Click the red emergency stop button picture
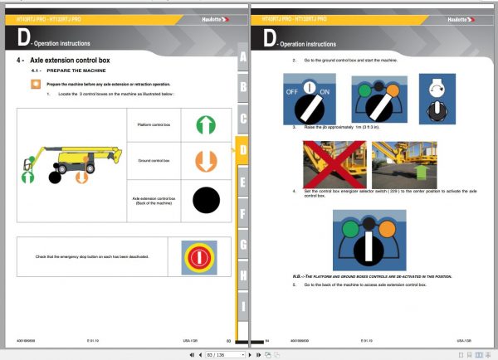(x=193, y=256)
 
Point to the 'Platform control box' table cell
(x=154, y=124)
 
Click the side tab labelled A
(x=242, y=56)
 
